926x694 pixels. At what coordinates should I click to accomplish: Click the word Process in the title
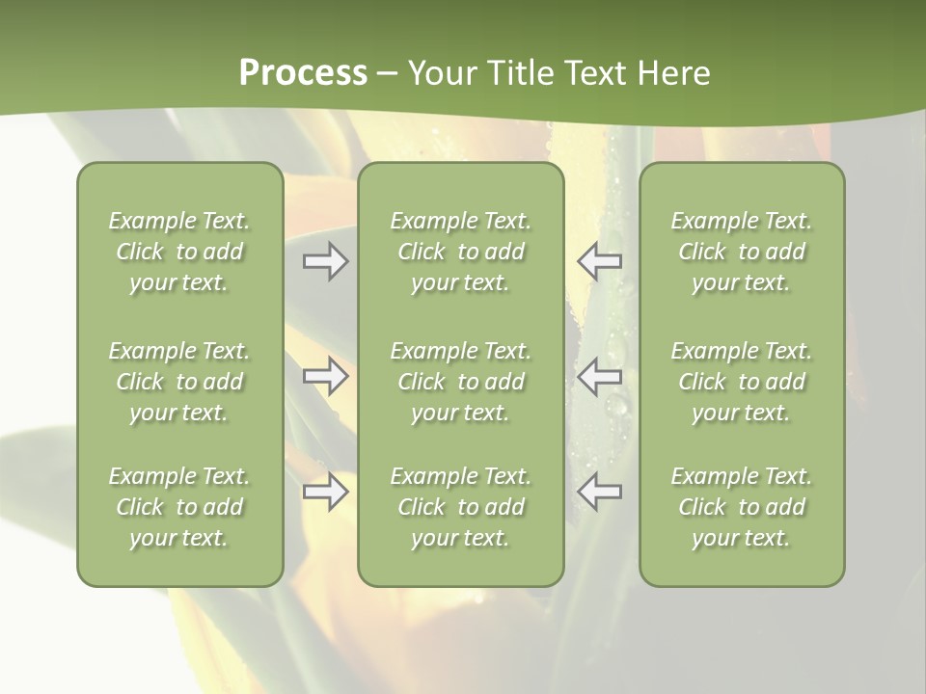pyautogui.click(x=303, y=73)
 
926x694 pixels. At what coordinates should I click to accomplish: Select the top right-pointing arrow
pyautogui.click(x=326, y=261)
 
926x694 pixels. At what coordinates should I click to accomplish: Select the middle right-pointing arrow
pyautogui.click(x=326, y=376)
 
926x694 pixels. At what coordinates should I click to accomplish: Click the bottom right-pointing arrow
pyautogui.click(x=326, y=492)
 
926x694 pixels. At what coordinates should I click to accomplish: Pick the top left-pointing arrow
pyautogui.click(x=599, y=261)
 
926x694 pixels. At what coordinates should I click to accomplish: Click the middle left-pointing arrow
pyautogui.click(x=599, y=376)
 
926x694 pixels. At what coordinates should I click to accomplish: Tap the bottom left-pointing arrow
pyautogui.click(x=599, y=492)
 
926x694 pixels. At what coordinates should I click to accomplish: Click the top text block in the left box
pyautogui.click(x=179, y=252)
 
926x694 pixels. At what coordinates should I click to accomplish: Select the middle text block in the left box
pyautogui.click(x=179, y=382)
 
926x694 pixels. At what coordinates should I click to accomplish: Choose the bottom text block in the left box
pyautogui.click(x=179, y=507)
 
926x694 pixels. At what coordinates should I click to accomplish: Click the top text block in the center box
pyautogui.click(x=461, y=252)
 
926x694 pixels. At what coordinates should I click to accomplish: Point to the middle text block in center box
pyautogui.click(x=461, y=382)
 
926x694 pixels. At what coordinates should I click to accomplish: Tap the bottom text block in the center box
pyautogui.click(x=461, y=507)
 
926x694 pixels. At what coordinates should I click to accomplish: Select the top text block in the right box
pyautogui.click(x=742, y=252)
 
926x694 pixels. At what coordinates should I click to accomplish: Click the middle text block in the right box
pyautogui.click(x=742, y=382)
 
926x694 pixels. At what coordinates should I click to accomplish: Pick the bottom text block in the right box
pyautogui.click(x=742, y=507)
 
